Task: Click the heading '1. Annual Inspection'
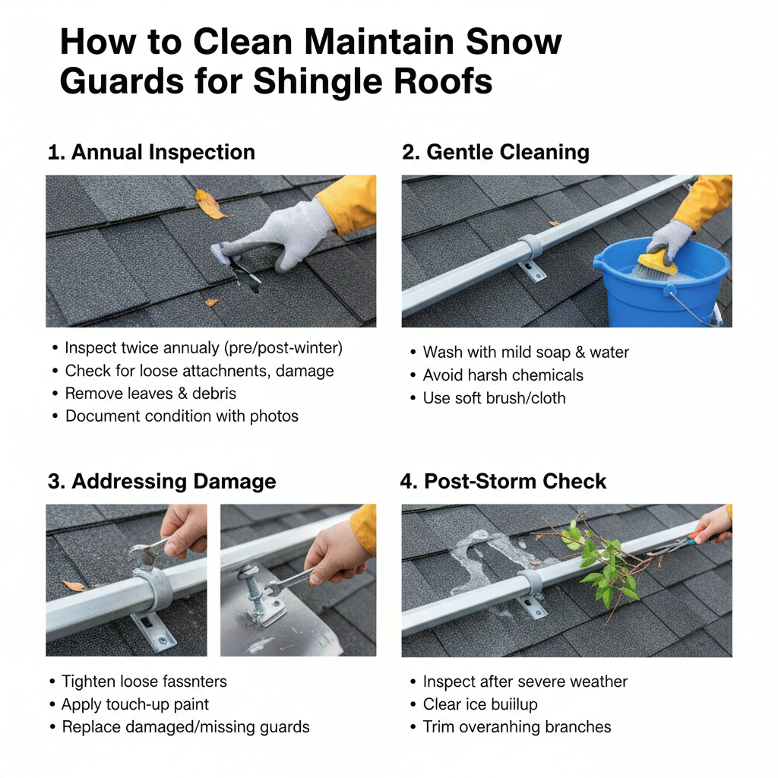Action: [x=151, y=152]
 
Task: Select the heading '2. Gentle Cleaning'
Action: [x=495, y=152]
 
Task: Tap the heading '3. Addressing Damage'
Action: [x=162, y=482]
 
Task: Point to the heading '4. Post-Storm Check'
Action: [x=504, y=482]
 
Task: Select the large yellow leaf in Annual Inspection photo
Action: [x=210, y=204]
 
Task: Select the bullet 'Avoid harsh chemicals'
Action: [x=503, y=375]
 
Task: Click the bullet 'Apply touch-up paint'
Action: [x=135, y=704]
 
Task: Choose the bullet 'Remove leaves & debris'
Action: [x=150, y=394]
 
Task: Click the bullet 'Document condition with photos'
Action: [x=182, y=416]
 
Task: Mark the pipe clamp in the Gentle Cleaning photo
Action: [x=530, y=248]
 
